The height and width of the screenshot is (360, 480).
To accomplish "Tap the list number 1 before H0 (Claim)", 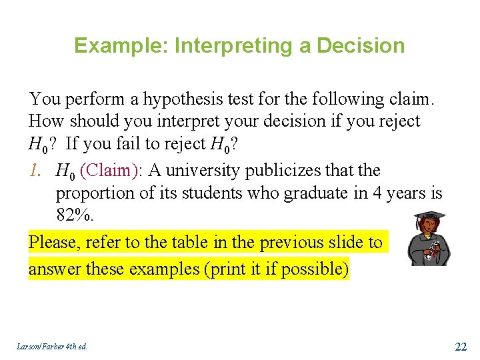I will tap(35, 171).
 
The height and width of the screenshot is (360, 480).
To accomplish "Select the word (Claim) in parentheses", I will tap(110, 171).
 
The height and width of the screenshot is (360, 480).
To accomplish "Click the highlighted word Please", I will tap(54, 243).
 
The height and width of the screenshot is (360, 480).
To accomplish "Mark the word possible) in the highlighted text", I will tap(317, 269).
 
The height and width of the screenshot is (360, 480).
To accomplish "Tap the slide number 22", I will tap(461, 346).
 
